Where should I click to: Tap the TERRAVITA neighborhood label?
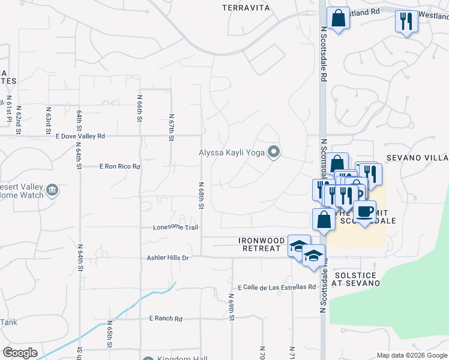pyautogui.click(x=246, y=8)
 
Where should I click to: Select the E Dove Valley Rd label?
pyautogui.click(x=80, y=136)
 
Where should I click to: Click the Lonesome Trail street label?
pyautogui.click(x=175, y=227)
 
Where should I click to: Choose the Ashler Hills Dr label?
pyautogui.click(x=168, y=258)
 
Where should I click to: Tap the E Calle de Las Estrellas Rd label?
pyautogui.click(x=277, y=287)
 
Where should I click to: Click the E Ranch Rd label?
pyautogui.click(x=165, y=319)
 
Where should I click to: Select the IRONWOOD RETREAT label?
pyautogui.click(x=261, y=244)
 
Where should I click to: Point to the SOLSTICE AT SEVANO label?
pyautogui.click(x=354, y=278)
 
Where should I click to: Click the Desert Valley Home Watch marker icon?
pyautogui.click(x=52, y=190)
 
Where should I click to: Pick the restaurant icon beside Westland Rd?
pyautogui.click(x=406, y=21)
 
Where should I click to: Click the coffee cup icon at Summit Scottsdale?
pyautogui.click(x=364, y=211)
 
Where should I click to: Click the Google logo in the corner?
pyautogui.click(x=20, y=353)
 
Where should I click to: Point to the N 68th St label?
pyautogui.click(x=201, y=195)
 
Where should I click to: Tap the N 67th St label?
pyautogui.click(x=171, y=128)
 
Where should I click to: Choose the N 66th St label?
pyautogui.click(x=139, y=108)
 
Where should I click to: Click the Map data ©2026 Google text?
pyautogui.click(x=411, y=355)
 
